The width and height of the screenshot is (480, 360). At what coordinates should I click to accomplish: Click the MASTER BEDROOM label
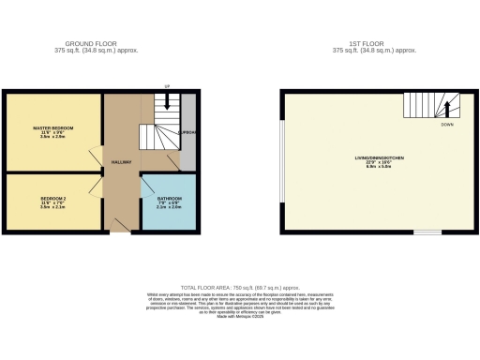(52, 127)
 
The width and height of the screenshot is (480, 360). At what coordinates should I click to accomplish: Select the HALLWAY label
(121, 162)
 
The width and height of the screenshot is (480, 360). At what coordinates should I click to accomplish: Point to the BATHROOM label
(170, 200)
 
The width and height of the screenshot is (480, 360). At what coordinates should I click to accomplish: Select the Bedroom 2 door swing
(97, 184)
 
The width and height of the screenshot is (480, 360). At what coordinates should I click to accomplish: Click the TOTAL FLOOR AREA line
(240, 288)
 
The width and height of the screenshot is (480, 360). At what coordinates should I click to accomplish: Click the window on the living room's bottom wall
(427, 232)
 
